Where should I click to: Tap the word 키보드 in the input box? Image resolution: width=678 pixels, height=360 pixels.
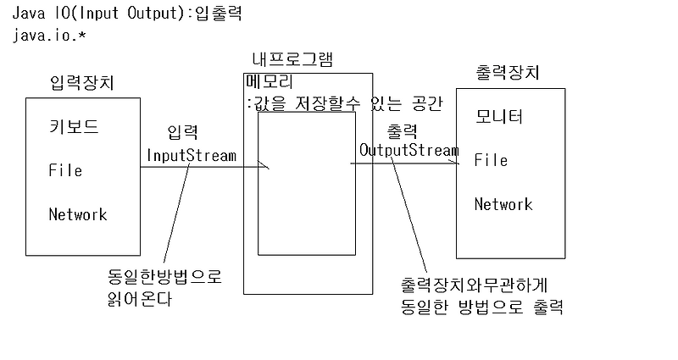point(74,128)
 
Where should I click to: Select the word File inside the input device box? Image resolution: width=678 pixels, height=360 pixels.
point(65,170)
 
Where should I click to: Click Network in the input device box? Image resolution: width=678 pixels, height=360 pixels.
point(78,214)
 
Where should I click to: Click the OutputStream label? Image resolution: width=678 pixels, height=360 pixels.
point(409,150)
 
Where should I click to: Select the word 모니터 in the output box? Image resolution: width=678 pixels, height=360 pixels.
point(498,117)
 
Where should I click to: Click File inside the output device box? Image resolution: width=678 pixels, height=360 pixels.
point(491,160)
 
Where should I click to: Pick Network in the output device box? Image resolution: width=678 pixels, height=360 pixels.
point(503,204)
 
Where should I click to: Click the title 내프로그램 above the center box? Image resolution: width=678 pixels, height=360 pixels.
point(292,60)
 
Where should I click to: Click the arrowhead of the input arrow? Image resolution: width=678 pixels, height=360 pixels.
point(267,167)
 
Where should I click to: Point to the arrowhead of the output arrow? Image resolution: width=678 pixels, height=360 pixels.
point(456,164)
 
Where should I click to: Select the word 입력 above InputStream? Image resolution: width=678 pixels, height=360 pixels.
point(183,133)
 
